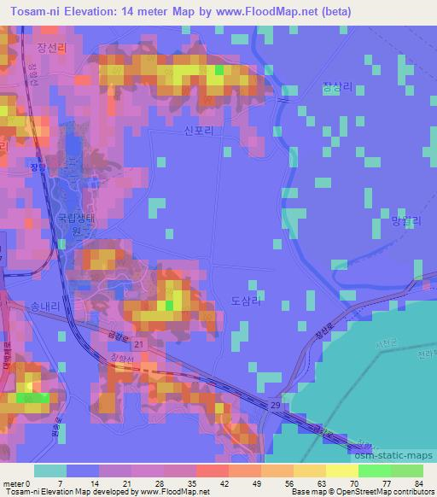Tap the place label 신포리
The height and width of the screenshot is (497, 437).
[196, 131]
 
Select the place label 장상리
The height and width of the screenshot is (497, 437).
[338, 86]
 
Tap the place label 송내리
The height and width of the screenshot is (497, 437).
[46, 304]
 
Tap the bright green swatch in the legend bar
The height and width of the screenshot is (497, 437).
[375, 471]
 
